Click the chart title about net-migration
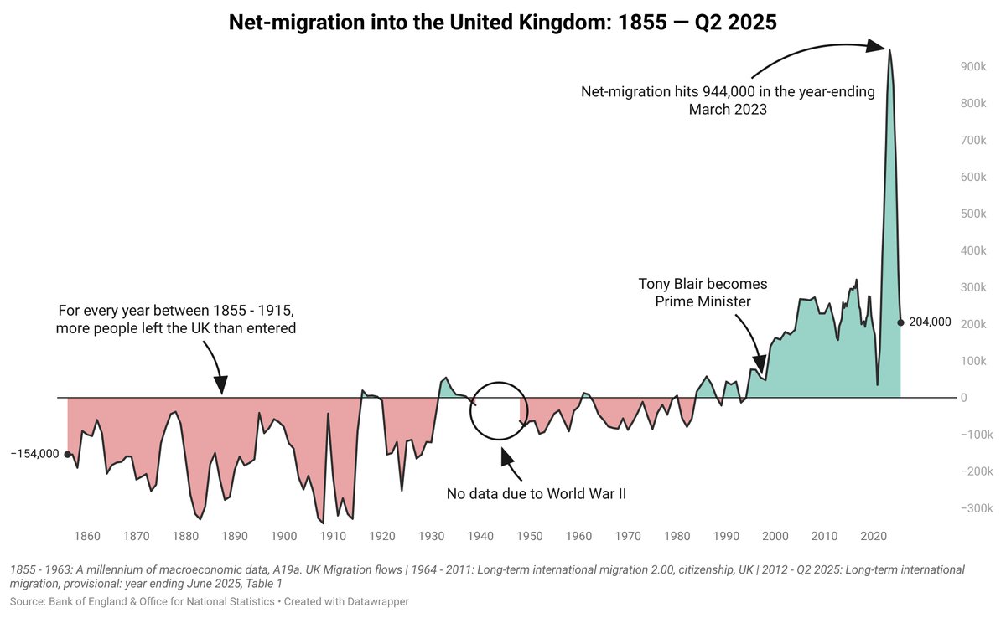503,23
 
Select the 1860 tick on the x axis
87,536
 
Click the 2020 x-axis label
874,536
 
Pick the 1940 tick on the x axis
480,536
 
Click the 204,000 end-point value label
930,322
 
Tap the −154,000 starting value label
34,454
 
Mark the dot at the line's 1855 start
68,454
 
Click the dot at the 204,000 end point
901,322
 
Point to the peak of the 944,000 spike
889,51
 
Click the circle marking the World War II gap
498,410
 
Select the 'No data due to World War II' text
537,494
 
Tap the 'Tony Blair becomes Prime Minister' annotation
703,292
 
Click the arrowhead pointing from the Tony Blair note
760,363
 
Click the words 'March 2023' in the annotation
728,110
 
